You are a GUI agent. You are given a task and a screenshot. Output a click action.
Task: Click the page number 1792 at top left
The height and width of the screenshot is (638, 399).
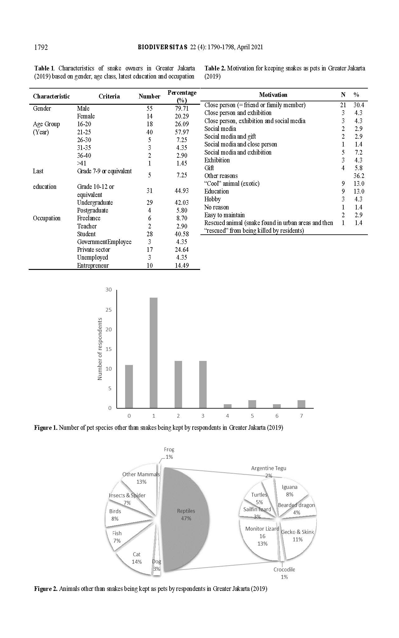[x=41, y=47]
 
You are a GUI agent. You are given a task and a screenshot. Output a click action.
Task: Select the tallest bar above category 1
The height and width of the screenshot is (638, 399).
[x=153, y=352]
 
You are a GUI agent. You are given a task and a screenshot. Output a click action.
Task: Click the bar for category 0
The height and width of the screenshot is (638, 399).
[x=129, y=386]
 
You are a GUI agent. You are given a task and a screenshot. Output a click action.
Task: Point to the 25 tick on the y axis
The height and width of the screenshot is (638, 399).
[x=108, y=310]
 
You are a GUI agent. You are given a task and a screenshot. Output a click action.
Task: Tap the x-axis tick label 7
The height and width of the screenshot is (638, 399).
[x=301, y=416]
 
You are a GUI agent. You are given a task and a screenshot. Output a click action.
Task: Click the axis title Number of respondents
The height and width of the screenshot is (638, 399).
[x=100, y=349]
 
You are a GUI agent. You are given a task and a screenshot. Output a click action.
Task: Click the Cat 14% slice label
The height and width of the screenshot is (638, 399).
[x=137, y=558]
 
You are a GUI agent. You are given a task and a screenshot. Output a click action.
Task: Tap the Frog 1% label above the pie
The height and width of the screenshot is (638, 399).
[x=169, y=453]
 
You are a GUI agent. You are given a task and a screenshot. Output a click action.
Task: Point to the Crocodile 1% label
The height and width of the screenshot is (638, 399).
[x=284, y=573]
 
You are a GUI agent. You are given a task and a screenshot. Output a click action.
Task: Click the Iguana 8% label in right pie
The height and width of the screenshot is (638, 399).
[x=289, y=491]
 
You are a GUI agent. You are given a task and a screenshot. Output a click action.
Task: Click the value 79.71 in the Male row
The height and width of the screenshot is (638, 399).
[x=182, y=108]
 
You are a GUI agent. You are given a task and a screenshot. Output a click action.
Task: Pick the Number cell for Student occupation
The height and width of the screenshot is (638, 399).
[x=149, y=234]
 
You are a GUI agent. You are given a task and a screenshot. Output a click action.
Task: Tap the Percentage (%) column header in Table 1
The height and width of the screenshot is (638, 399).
[x=182, y=96]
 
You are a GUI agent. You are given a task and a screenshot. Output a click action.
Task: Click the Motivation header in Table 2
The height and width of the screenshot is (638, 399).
[x=273, y=95]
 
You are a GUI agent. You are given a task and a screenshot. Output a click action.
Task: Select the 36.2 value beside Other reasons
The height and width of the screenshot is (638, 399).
[x=359, y=176]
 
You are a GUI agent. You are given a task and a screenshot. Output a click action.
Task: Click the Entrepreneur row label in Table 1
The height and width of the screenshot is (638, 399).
[x=93, y=266]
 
